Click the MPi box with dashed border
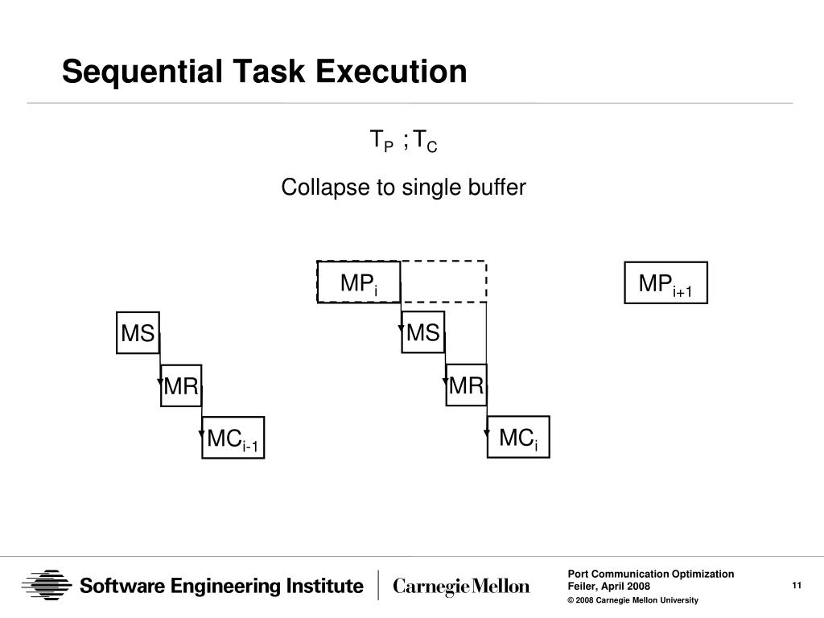(x=359, y=282)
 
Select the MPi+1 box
(x=665, y=282)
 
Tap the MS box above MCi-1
(x=138, y=332)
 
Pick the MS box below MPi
(x=423, y=332)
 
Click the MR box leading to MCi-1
(x=181, y=385)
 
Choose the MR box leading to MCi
(x=466, y=385)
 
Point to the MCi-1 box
(x=233, y=438)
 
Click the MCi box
(x=518, y=437)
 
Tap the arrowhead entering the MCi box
(x=487, y=435)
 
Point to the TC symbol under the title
(x=426, y=142)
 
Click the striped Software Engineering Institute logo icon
(x=47, y=585)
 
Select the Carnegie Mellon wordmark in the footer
(x=461, y=587)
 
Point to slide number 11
(x=797, y=585)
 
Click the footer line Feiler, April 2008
(x=609, y=586)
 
